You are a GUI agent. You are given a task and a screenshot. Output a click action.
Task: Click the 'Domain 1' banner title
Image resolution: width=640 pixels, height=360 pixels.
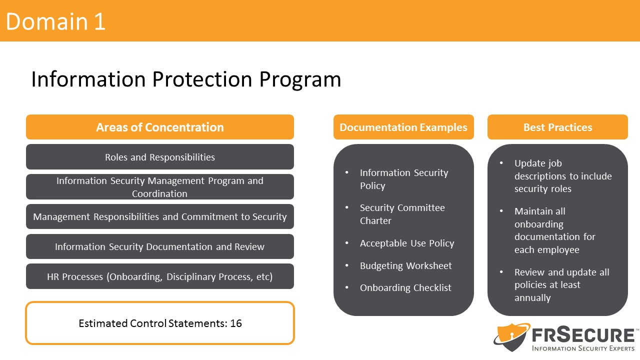point(55,21)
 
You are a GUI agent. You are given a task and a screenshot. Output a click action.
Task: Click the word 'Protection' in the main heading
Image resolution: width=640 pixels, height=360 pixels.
point(202,79)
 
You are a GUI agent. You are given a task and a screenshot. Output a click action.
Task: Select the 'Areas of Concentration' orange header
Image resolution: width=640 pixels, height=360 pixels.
point(160,127)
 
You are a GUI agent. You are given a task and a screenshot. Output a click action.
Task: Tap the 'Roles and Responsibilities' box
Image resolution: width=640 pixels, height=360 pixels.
point(160,157)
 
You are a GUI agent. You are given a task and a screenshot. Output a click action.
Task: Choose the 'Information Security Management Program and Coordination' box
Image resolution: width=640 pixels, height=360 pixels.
point(160,187)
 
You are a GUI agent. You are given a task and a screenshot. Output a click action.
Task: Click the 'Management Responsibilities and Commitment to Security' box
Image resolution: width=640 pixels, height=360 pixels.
point(160,216)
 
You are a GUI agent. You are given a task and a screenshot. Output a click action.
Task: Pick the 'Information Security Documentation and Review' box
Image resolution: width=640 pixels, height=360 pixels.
point(160,246)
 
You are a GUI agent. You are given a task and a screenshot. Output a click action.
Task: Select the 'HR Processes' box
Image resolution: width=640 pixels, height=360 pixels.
point(160,276)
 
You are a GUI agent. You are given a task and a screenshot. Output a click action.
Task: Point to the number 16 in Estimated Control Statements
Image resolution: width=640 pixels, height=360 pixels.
point(236,323)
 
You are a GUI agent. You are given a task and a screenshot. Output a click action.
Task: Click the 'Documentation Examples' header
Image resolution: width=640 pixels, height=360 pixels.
point(403,127)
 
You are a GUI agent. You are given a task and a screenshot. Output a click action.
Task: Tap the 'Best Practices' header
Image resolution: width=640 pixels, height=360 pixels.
point(557,127)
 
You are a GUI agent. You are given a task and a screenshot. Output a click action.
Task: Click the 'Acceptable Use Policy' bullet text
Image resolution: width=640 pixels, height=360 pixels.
point(407,243)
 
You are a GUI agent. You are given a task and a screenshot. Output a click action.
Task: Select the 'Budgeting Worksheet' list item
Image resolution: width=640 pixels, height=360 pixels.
point(406,266)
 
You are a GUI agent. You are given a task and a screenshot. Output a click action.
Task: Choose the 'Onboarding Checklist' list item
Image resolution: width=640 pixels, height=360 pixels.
point(405,287)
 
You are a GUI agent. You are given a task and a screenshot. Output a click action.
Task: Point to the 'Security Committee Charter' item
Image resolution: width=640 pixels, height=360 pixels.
point(402,214)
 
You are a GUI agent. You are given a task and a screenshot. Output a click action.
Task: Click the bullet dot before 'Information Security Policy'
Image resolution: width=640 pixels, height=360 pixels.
point(347,172)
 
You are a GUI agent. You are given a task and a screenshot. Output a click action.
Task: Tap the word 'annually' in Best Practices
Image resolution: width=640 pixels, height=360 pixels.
point(532,298)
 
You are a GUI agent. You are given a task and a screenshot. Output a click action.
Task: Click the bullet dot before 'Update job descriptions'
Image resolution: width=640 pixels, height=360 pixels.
point(501,163)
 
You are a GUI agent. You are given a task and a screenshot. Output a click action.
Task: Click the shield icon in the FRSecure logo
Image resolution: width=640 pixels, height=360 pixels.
point(511,337)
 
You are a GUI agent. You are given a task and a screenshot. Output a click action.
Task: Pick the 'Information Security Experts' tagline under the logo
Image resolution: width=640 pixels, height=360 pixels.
point(583,348)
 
